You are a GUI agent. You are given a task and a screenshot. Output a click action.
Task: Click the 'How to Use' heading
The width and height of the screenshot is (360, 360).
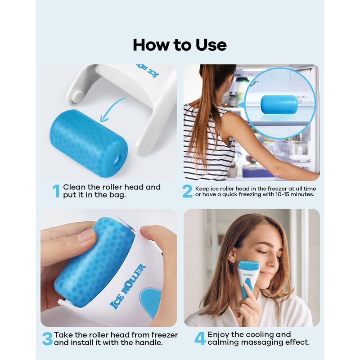pos(180,45)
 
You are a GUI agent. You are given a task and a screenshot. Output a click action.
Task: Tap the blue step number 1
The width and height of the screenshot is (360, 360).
pos(56,191)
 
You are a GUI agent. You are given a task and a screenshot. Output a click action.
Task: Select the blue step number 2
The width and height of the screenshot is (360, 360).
pos(187,191)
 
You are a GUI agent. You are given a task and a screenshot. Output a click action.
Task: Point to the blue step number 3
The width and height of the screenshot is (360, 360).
pos(47,339)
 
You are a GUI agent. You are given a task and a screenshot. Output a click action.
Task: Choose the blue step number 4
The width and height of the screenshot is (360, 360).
pos(200,338)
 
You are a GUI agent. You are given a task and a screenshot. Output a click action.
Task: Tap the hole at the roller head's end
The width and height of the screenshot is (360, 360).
pos(118,159)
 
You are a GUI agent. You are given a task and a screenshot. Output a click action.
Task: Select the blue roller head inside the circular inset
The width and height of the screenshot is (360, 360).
pos(279,105)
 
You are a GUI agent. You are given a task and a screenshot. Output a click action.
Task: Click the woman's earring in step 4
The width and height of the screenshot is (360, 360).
pos(231,261)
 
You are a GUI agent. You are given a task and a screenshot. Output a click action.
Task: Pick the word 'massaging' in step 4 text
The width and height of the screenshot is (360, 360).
pos(262,342)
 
